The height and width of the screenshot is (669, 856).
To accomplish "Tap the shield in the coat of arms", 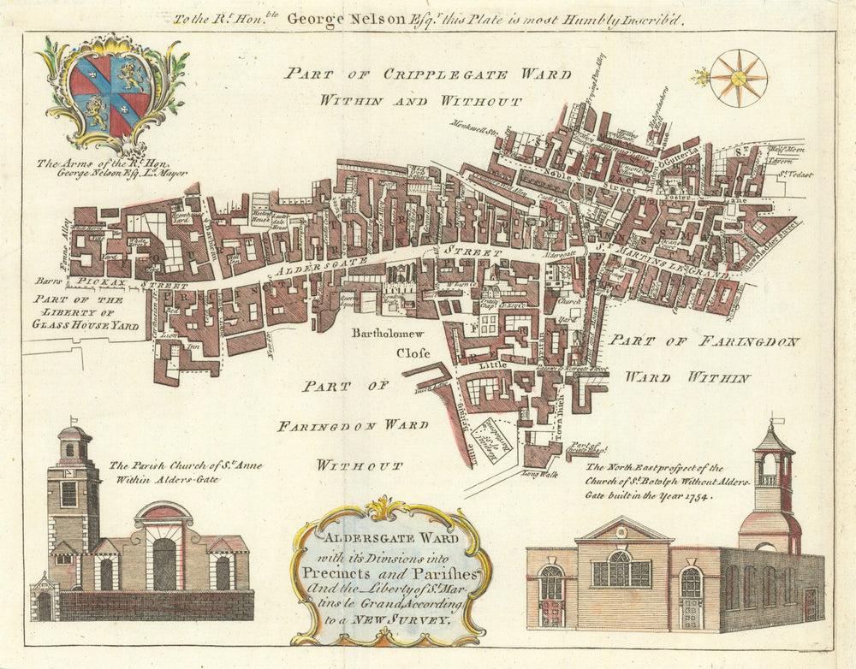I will (x=110, y=90).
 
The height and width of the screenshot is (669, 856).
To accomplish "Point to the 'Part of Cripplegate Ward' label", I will (x=428, y=74).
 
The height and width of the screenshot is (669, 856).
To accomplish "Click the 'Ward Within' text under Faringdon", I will (x=687, y=376).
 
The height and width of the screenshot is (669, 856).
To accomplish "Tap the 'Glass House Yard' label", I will (x=85, y=324).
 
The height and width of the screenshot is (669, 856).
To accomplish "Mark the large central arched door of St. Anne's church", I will (x=164, y=563).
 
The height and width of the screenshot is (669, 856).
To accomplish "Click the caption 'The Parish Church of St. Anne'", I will (x=185, y=466).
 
